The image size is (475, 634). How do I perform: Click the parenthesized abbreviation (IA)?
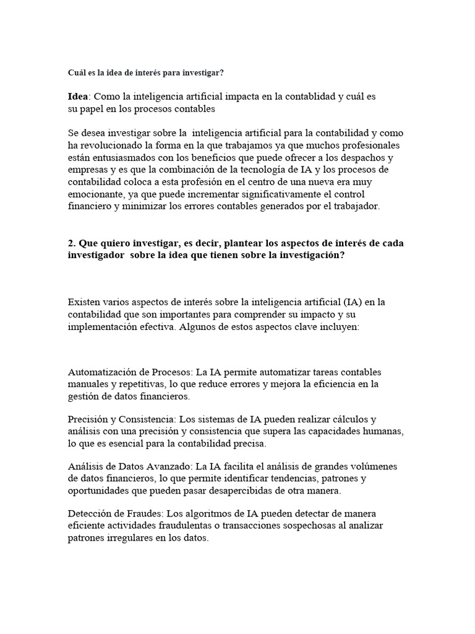(354, 302)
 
